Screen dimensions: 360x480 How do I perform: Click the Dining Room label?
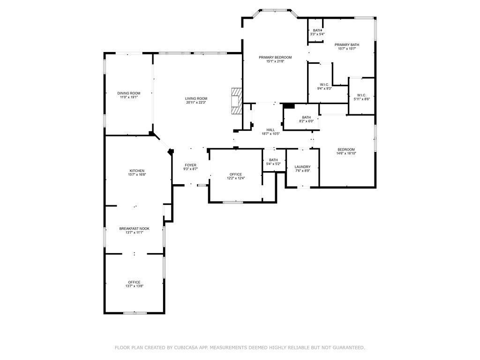[128, 93]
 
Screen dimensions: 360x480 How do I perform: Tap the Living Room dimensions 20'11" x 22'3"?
[196, 102]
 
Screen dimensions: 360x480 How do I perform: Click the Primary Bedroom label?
[275, 57]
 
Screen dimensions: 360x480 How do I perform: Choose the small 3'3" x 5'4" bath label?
[317, 34]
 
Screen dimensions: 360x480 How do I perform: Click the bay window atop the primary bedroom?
[275, 10]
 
